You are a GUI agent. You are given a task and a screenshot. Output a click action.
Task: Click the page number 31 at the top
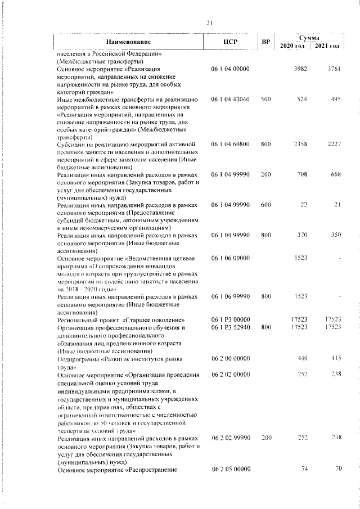[x=209, y=22]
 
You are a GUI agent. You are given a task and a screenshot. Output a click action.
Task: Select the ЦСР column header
[x=231, y=42]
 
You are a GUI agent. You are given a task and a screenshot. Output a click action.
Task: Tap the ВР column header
[x=266, y=42]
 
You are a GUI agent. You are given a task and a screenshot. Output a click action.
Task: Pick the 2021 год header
[x=327, y=46]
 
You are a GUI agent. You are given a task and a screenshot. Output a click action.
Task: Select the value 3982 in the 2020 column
[x=303, y=69]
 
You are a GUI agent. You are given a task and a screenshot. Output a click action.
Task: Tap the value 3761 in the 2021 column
[x=335, y=69]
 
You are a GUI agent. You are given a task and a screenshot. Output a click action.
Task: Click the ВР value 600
[x=266, y=206]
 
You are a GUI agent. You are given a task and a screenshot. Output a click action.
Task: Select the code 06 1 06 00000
[x=231, y=259]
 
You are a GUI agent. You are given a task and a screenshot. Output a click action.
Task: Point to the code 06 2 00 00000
[x=231, y=358]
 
